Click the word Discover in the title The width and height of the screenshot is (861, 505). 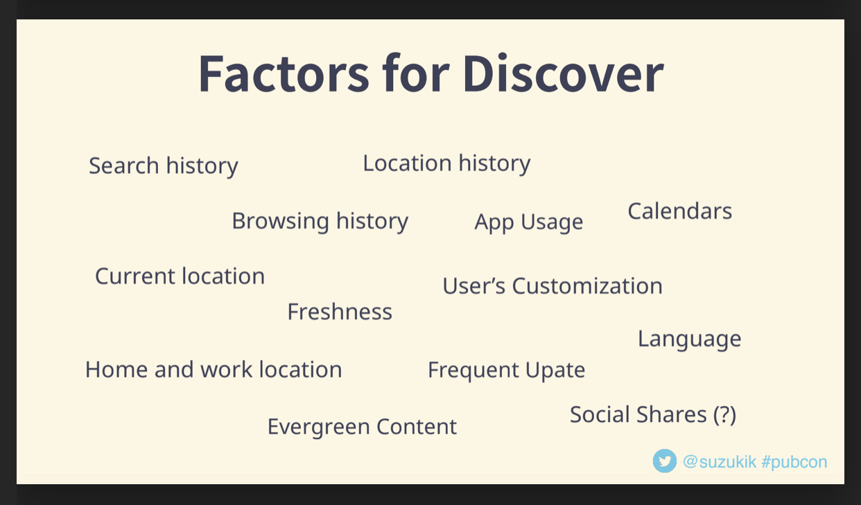[x=564, y=73]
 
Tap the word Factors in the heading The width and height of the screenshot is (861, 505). [x=284, y=73]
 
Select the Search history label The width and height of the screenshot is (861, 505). [x=164, y=166]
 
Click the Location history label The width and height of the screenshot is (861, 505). [x=446, y=163]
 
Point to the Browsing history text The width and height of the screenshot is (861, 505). [x=320, y=222]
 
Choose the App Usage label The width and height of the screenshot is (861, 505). [x=528, y=222]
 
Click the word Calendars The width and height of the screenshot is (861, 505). [x=679, y=211]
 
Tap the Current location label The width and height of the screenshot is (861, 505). [x=180, y=276]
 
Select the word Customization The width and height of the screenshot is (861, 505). [x=587, y=286]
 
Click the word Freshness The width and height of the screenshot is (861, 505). [x=340, y=311]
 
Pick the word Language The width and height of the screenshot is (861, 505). [x=690, y=339]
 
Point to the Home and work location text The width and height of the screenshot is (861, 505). [x=214, y=369]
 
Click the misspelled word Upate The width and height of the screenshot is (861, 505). [x=555, y=371]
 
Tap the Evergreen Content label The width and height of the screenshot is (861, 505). [x=362, y=427]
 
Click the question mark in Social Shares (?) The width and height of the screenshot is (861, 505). [x=724, y=414]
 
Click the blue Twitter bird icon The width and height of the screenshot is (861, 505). [x=665, y=461]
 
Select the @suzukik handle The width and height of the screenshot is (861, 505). [x=720, y=461]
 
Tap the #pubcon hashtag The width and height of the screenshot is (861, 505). [x=794, y=462]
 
